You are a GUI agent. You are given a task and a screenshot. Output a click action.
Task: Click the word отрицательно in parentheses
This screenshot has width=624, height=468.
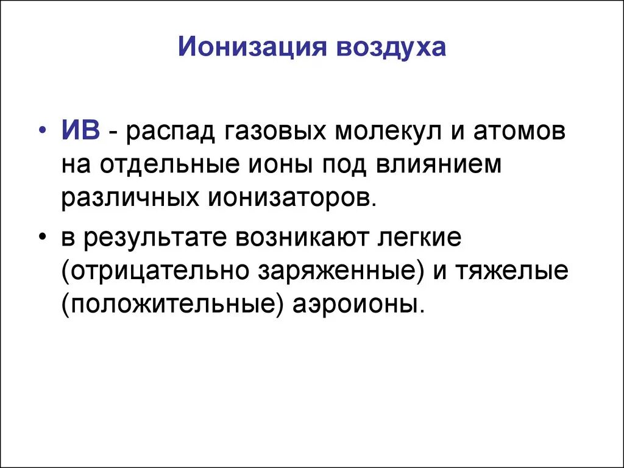[155, 271]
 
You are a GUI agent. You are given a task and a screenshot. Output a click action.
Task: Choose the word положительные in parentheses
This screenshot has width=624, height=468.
[173, 304]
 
